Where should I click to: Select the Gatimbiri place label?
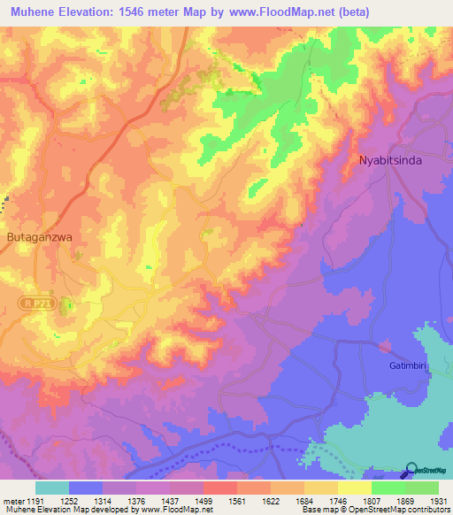(408, 365)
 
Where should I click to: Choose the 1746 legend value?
(337, 501)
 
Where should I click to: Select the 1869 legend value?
(404, 501)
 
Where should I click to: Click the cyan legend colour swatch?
(52, 488)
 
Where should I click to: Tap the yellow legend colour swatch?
(354, 488)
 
